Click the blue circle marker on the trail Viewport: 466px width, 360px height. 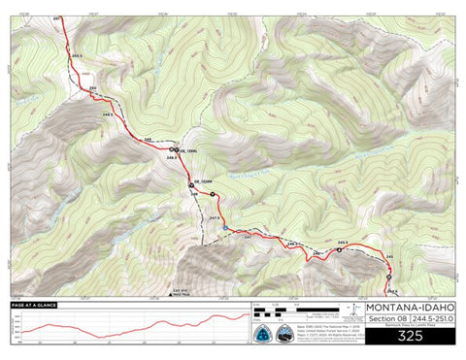pyautogui.click(x=226, y=228)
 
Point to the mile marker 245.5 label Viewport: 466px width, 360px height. pyautogui.click(x=343, y=243)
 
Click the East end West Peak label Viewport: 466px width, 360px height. pyautogui.click(x=178, y=292)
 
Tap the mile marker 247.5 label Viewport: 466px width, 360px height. pyautogui.click(x=214, y=218)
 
